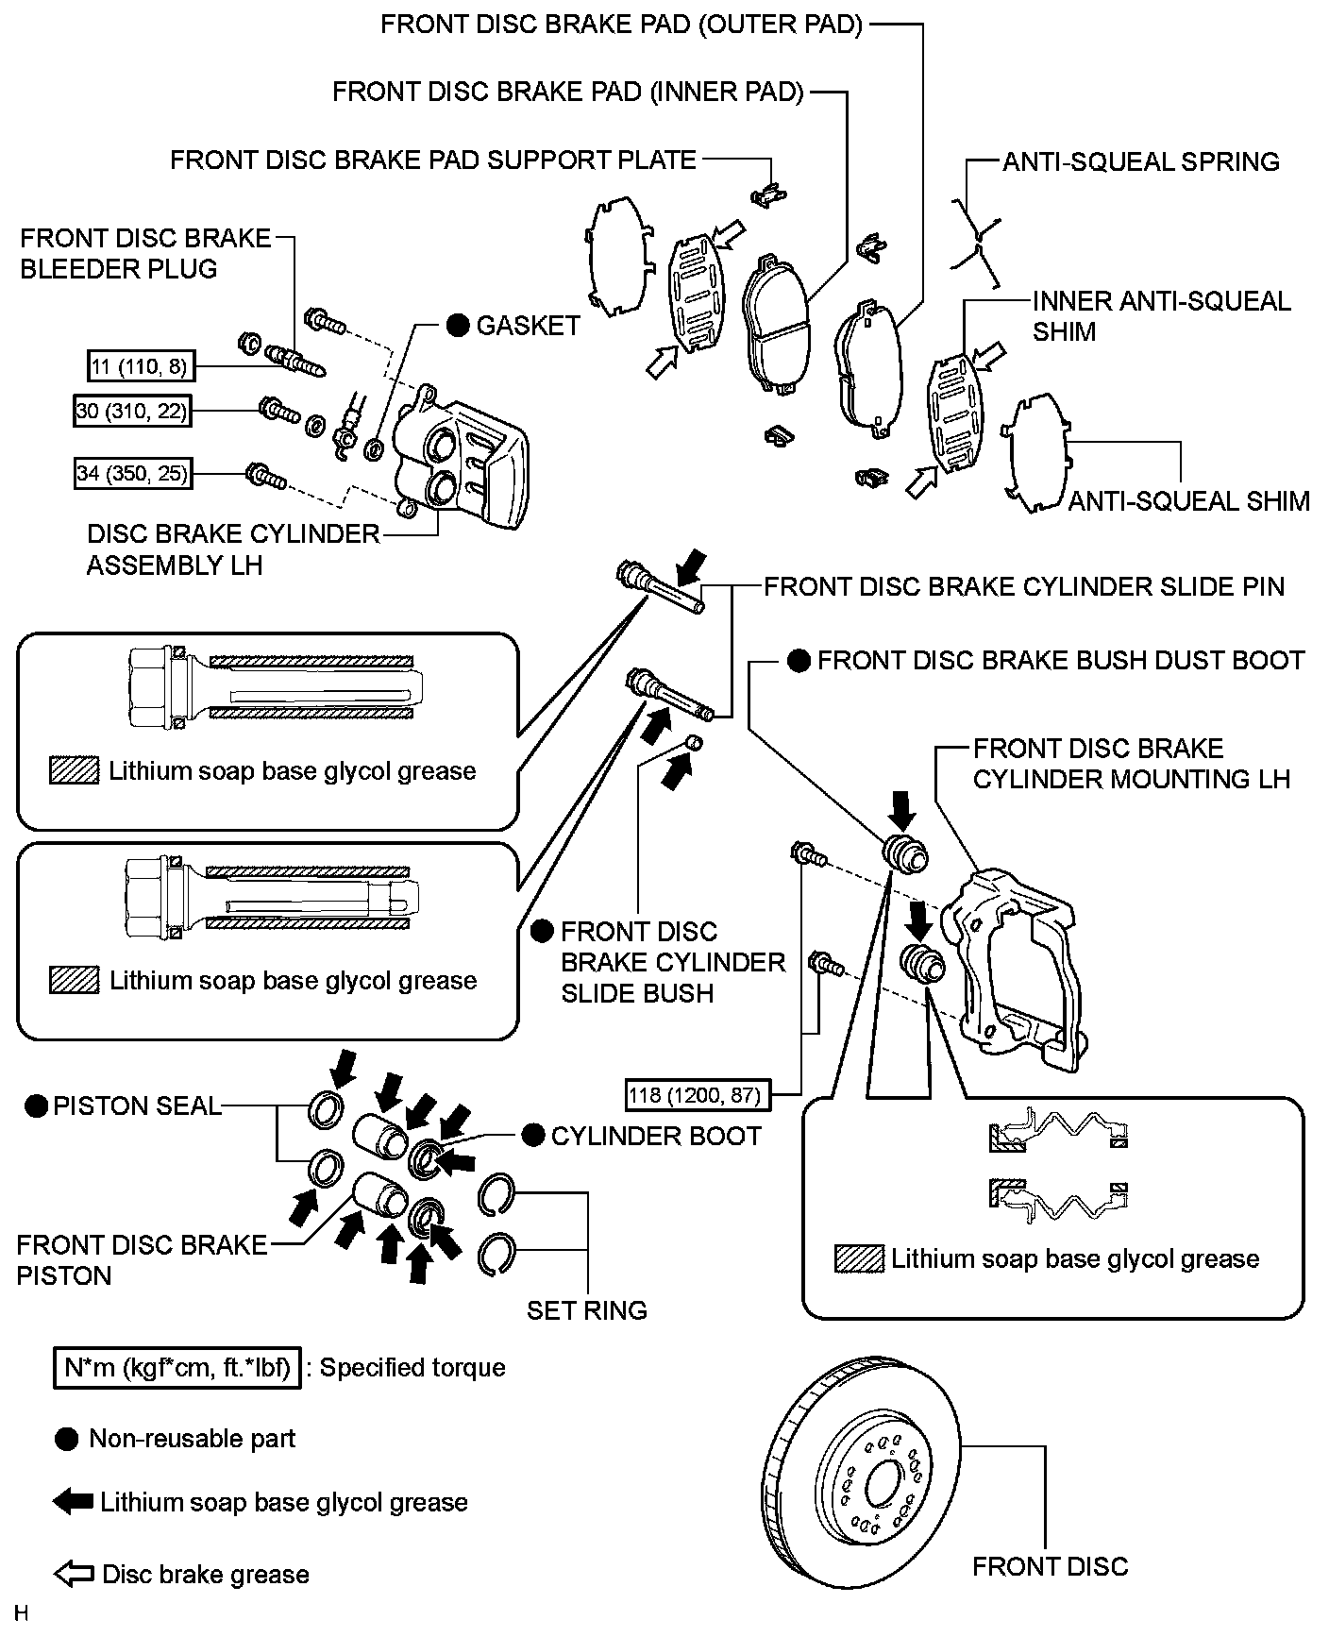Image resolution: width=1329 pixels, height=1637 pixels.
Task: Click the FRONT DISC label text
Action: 1050,1566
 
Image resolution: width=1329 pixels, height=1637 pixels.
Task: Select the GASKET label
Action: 528,326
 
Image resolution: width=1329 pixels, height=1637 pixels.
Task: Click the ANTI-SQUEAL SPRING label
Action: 1140,161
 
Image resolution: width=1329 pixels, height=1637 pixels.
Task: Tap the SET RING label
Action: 586,1310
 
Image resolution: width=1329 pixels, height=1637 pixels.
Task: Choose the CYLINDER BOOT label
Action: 656,1136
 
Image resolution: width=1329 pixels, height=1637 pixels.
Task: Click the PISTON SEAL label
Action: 137,1105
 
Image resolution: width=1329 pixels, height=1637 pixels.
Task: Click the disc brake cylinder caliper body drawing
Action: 463,463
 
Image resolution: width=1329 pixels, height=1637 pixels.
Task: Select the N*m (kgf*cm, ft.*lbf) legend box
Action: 177,1367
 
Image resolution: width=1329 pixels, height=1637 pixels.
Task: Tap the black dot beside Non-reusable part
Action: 67,1439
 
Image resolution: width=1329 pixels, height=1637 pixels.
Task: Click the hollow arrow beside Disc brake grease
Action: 74,1574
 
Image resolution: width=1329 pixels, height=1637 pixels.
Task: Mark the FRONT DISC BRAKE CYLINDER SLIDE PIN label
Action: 1024,587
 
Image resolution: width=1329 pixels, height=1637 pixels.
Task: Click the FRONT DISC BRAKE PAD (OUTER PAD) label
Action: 621,25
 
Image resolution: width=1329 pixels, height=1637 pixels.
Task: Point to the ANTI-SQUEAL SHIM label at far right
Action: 1188,501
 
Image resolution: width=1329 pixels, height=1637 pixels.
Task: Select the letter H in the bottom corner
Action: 22,1613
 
